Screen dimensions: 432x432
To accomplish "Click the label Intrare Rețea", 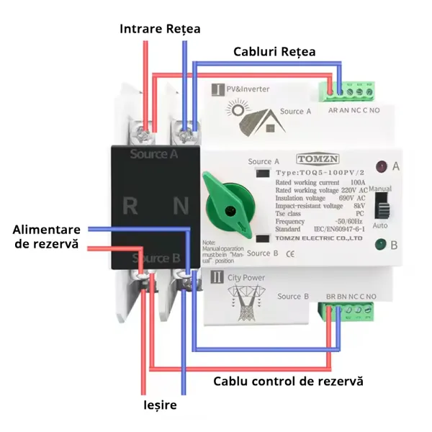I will click(160, 29).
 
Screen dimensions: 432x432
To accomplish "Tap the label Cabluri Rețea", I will click(274, 52).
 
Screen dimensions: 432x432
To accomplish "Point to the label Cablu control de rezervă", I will click(288, 379).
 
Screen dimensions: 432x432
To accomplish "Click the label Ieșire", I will click(159, 405).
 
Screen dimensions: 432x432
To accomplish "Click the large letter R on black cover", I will click(130, 206).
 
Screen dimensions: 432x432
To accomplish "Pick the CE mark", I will click(290, 253).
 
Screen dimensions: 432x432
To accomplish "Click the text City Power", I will click(247, 277).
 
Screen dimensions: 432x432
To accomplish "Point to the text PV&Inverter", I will click(249, 89).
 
